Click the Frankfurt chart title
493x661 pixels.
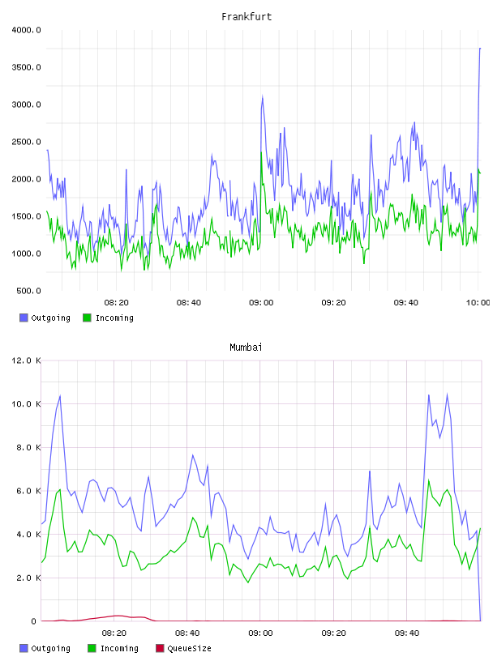click(x=246, y=17)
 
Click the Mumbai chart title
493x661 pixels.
click(x=246, y=348)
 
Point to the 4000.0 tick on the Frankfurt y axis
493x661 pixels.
click(x=26, y=30)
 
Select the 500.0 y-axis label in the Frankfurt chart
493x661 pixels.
click(x=28, y=291)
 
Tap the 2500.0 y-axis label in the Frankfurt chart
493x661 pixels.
click(x=26, y=142)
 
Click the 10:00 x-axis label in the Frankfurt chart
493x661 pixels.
click(x=478, y=303)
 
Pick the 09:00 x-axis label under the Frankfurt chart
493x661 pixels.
click(x=261, y=303)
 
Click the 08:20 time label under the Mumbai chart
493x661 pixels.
click(x=114, y=633)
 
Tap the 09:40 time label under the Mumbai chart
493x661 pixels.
click(x=407, y=633)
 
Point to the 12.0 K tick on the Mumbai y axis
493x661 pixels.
click(x=26, y=360)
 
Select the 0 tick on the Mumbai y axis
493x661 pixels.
click(x=34, y=621)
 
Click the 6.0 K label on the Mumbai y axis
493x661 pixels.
click(x=28, y=491)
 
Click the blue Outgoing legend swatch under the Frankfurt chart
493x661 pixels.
click(x=24, y=318)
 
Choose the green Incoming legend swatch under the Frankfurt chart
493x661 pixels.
click(x=87, y=318)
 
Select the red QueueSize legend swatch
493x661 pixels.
click(x=160, y=648)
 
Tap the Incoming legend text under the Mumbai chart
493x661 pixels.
click(x=119, y=648)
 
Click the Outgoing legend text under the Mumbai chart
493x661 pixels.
click(x=50, y=648)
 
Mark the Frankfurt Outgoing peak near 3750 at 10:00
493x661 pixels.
click(x=480, y=49)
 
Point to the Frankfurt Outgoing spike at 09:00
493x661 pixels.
click(x=262, y=97)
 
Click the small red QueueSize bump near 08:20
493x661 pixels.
click(x=118, y=616)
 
